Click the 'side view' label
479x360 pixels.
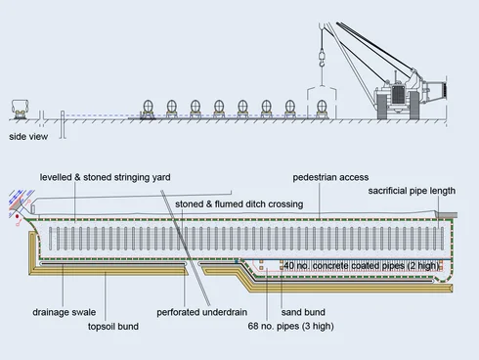[x=28, y=136]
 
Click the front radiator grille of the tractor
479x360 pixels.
[x=397, y=95]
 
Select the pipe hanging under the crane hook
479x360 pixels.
[x=322, y=106]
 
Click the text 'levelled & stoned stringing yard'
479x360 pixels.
[x=105, y=177]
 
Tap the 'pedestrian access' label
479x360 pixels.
[x=330, y=177]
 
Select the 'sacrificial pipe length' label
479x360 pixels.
[x=412, y=191]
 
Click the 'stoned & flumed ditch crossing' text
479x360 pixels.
[x=239, y=204]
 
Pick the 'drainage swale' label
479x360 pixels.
[x=65, y=312]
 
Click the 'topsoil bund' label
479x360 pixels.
[x=113, y=326]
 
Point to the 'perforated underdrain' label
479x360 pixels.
[x=201, y=312]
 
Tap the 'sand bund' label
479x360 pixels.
[x=303, y=312]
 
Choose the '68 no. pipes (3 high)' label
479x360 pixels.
[x=290, y=326]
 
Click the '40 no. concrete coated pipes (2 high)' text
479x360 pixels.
[x=362, y=266]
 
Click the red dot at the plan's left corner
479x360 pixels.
[x=17, y=216]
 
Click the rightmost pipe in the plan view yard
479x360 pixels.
[x=442, y=239]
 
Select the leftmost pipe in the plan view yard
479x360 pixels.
[x=51, y=239]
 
